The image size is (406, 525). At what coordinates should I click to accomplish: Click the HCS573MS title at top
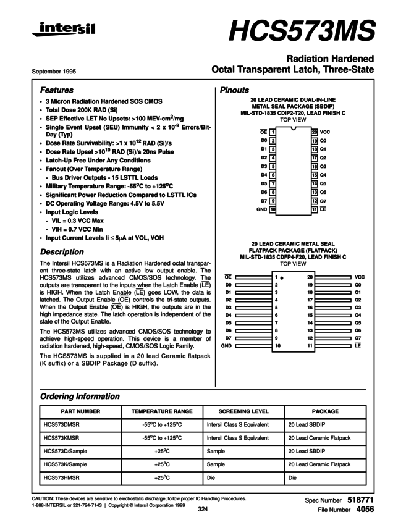(302, 29)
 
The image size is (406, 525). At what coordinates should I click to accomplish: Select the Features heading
(56, 90)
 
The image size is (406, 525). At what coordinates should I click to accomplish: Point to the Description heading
(62, 252)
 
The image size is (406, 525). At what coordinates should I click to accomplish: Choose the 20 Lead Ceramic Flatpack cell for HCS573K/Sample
(319, 464)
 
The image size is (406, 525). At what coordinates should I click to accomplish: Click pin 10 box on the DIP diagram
(272, 209)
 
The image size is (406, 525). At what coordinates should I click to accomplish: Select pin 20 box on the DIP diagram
(315, 132)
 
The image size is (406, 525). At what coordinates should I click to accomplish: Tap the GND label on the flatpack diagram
(226, 346)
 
